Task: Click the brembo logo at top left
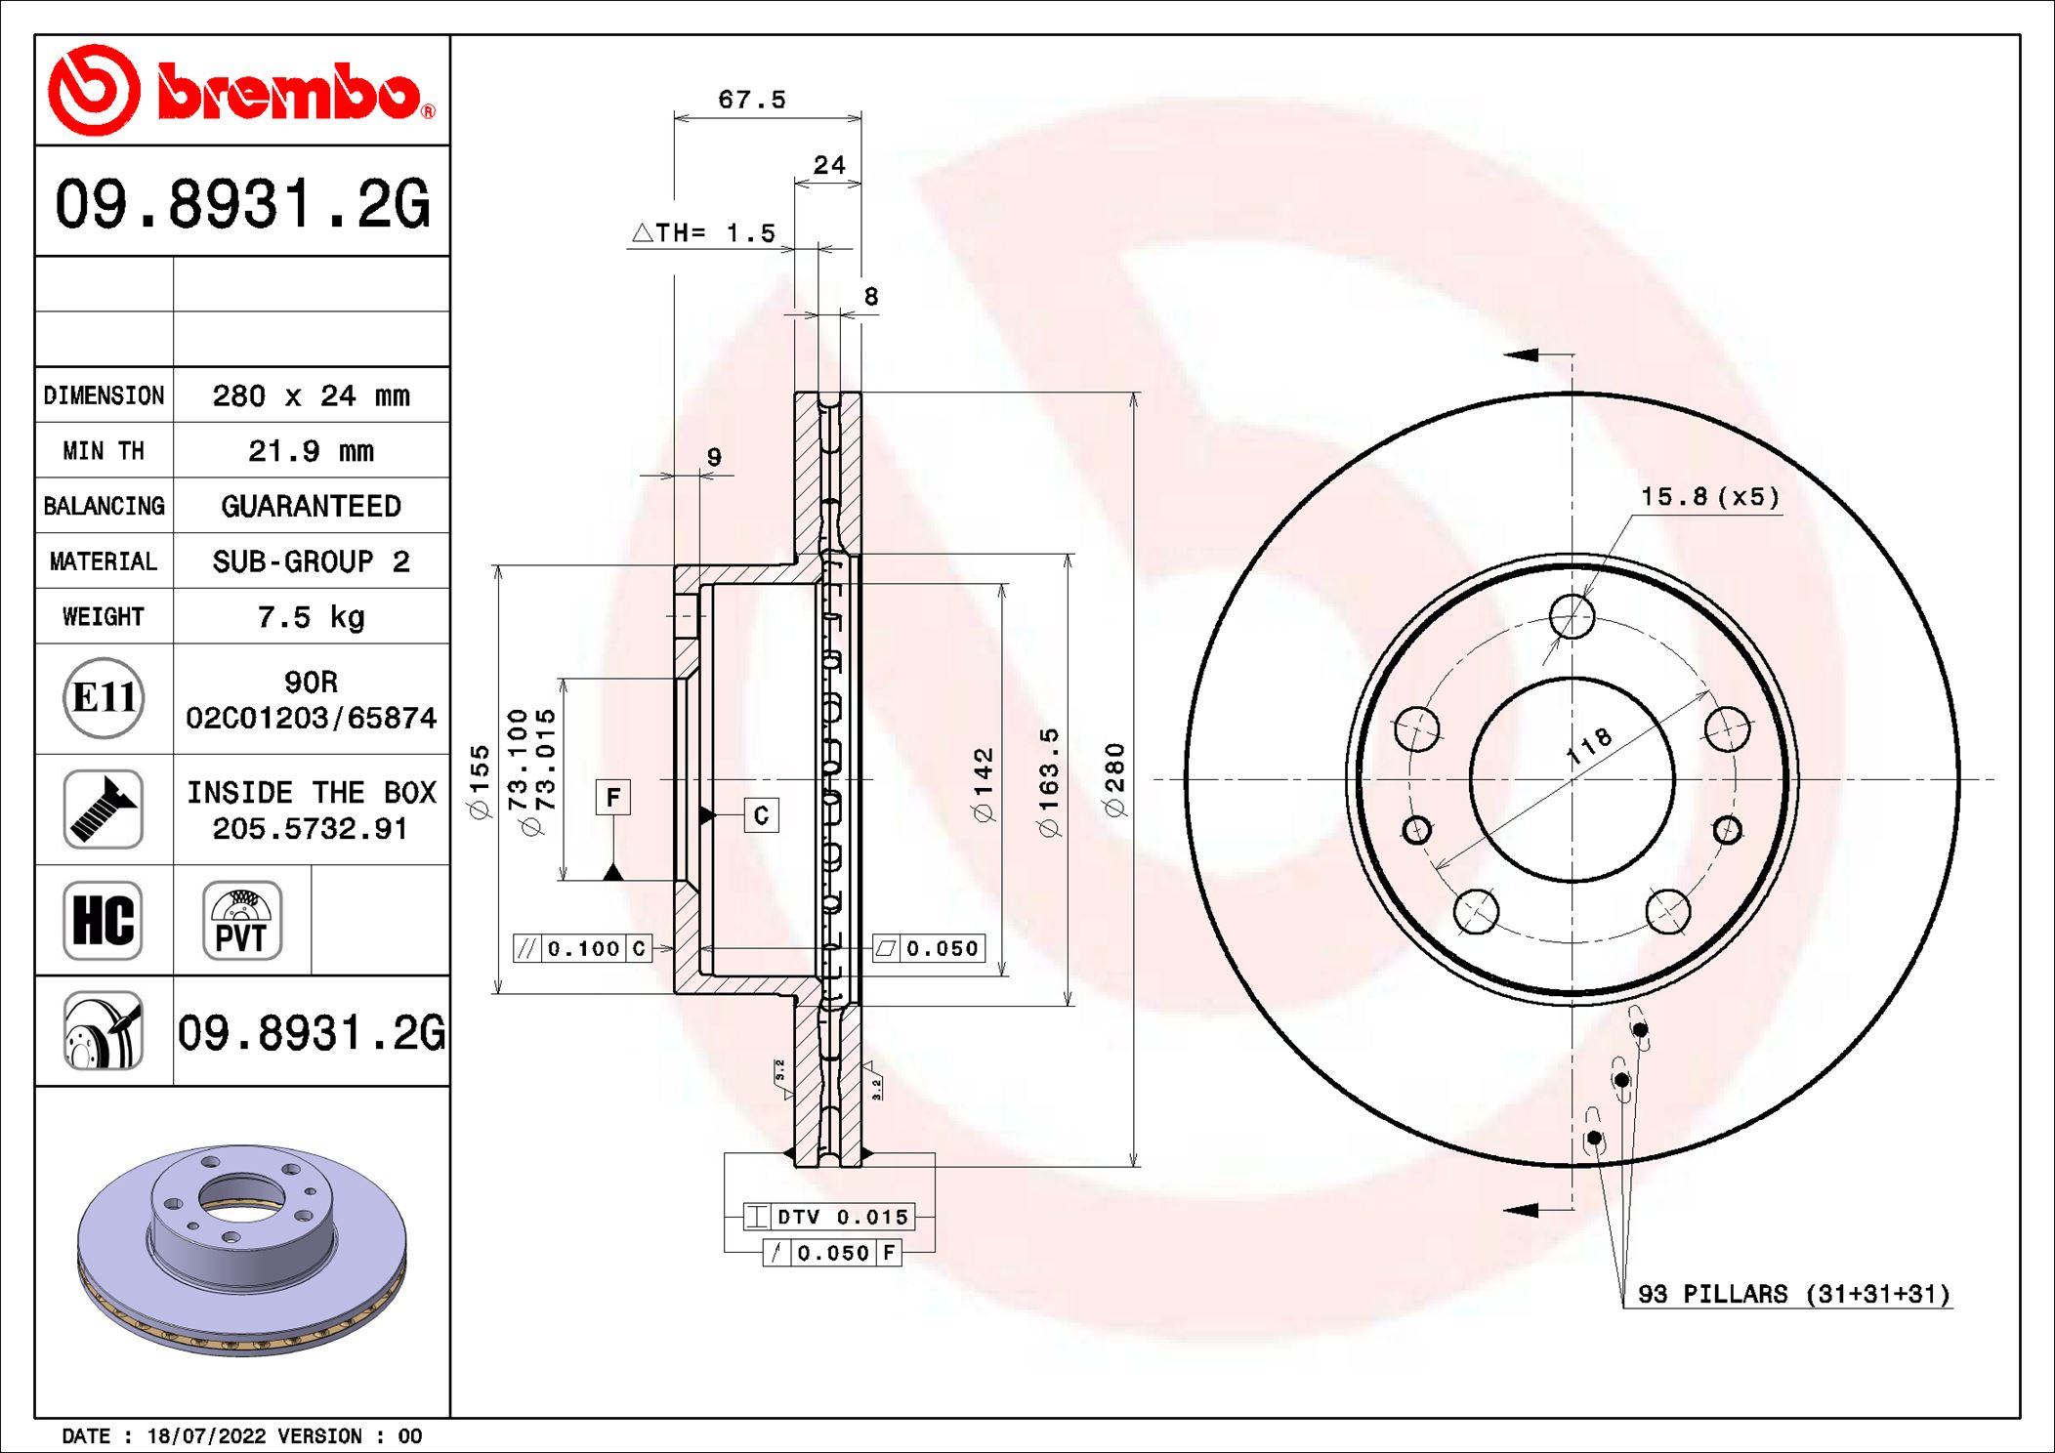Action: click(x=241, y=91)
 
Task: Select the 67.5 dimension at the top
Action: click(x=751, y=100)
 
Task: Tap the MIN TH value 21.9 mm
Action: click(x=311, y=451)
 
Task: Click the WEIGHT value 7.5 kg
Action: click(x=311, y=617)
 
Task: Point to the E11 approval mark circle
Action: click(x=104, y=698)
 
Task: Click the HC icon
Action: click(x=104, y=921)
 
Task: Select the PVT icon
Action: click(x=242, y=921)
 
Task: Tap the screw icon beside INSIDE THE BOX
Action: click(x=104, y=810)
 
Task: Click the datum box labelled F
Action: click(x=612, y=798)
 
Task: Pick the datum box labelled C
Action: click(x=761, y=815)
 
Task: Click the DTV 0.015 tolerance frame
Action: click(x=828, y=1217)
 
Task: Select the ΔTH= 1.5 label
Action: click(x=704, y=233)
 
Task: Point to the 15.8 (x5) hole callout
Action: click(x=1709, y=497)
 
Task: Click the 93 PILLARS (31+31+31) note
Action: click(x=1793, y=1295)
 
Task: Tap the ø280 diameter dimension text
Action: click(x=1114, y=779)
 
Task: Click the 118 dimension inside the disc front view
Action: click(x=1589, y=746)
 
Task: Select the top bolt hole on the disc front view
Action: click(x=1572, y=617)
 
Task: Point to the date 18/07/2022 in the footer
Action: click(x=206, y=1436)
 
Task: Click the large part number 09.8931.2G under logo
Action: click(x=242, y=204)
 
